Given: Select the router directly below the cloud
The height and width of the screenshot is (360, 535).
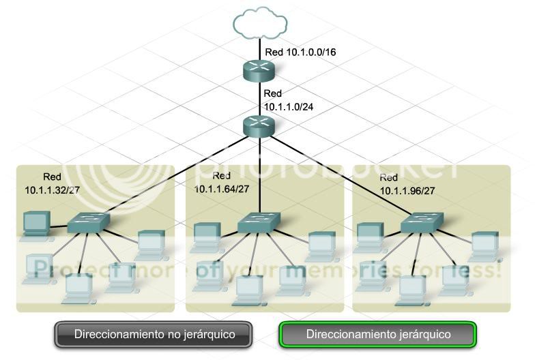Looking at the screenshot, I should (259, 69).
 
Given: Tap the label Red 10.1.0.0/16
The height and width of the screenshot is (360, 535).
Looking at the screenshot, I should (300, 52).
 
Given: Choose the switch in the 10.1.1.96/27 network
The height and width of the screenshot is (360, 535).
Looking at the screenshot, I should (421, 221).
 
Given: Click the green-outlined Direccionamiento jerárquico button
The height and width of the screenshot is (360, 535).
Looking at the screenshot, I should (377, 335).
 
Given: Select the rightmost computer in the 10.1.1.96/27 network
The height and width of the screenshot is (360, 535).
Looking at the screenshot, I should (485, 243).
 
